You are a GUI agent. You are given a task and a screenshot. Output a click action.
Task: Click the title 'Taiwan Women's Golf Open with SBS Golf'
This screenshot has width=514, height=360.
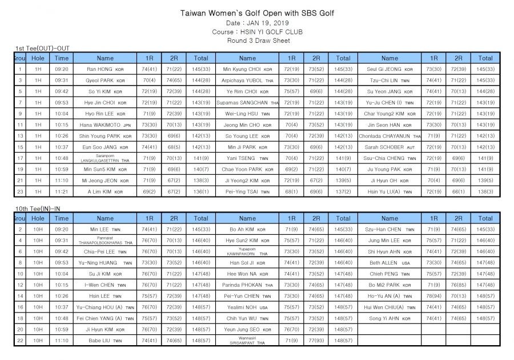click(257, 13)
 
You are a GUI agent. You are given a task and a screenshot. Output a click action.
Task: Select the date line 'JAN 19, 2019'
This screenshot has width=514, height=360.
click(257, 23)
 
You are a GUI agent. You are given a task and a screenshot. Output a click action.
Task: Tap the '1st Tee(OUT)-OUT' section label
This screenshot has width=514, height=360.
click(43, 49)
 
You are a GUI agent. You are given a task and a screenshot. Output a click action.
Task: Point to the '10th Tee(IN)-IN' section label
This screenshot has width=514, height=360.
click(39, 209)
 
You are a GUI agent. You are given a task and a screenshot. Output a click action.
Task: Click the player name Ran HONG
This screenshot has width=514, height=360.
click(105, 69)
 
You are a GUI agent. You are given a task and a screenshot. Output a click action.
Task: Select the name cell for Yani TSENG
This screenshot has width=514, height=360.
click(247, 158)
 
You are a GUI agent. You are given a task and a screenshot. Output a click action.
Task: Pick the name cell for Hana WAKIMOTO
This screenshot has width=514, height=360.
click(105, 125)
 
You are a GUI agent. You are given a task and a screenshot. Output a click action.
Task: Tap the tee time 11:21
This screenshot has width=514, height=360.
click(62, 191)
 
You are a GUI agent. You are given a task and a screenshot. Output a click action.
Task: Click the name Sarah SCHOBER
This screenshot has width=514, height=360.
click(389, 147)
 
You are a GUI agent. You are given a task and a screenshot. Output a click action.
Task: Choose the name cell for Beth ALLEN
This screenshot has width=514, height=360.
click(389, 262)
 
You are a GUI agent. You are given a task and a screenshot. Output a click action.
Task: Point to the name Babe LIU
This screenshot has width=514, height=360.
click(105, 340)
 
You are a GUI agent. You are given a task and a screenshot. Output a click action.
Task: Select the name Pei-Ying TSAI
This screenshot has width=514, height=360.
click(247, 191)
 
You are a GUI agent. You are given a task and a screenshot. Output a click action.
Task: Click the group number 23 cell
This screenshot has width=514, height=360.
click(20, 191)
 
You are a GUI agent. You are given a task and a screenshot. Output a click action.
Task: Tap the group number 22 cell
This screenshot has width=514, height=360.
click(20, 340)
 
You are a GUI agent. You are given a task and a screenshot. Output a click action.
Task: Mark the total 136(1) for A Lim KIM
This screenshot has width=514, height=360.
click(200, 191)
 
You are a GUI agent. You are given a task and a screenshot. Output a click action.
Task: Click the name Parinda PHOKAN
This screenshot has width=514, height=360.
click(247, 285)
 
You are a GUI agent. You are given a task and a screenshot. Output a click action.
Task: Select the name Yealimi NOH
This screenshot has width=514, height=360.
click(247, 307)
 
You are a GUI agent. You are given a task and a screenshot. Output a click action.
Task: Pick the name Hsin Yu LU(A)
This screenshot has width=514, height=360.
click(389, 191)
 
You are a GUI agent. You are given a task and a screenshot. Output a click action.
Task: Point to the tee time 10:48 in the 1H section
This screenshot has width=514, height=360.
click(62, 158)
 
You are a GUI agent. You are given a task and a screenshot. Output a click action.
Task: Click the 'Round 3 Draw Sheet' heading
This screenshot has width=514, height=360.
click(257, 41)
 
